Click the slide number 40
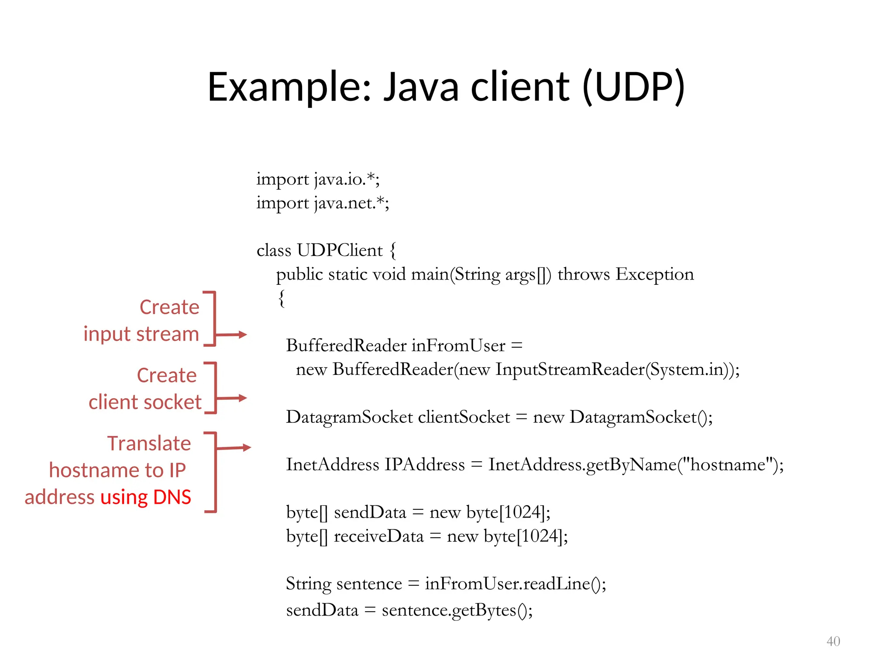point(833,641)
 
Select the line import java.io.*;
point(318,179)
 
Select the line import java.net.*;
point(323,203)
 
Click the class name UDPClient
point(340,250)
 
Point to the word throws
point(584,274)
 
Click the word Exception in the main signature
point(654,274)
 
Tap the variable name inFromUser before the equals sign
point(458,346)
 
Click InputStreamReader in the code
point(570,370)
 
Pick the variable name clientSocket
point(464,417)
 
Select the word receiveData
point(378,536)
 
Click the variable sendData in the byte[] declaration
point(370,512)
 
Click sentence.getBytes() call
point(456,610)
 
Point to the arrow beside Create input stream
point(231,335)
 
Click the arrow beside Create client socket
point(231,398)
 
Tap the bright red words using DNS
point(146,497)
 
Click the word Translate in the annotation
point(149,443)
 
